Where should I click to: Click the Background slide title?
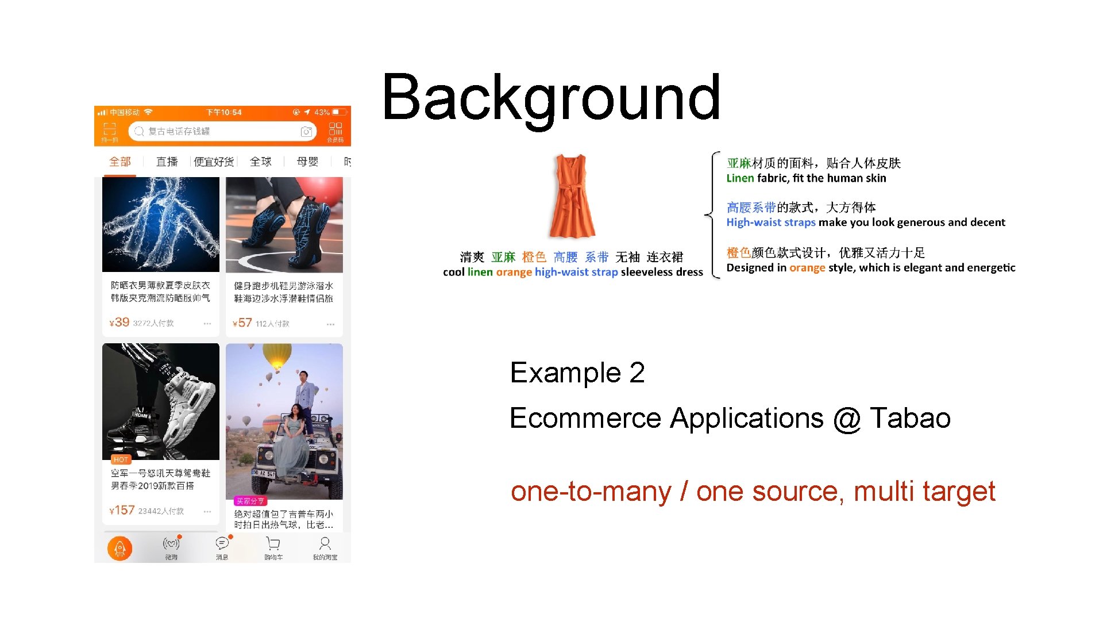click(551, 98)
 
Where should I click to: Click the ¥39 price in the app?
click(119, 323)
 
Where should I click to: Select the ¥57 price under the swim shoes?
click(242, 323)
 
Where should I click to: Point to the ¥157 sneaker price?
click(122, 511)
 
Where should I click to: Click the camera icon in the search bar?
click(306, 132)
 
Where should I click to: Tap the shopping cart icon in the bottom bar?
click(273, 544)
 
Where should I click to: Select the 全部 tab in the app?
click(120, 162)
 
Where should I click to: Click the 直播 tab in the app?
click(167, 162)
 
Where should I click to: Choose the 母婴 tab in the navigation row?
click(307, 162)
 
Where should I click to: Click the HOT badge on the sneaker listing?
click(121, 459)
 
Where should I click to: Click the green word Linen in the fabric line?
click(740, 178)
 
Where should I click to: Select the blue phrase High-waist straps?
click(771, 223)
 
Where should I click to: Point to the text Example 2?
click(577, 373)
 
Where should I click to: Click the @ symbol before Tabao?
click(847, 419)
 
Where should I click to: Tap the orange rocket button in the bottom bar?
click(119, 549)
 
